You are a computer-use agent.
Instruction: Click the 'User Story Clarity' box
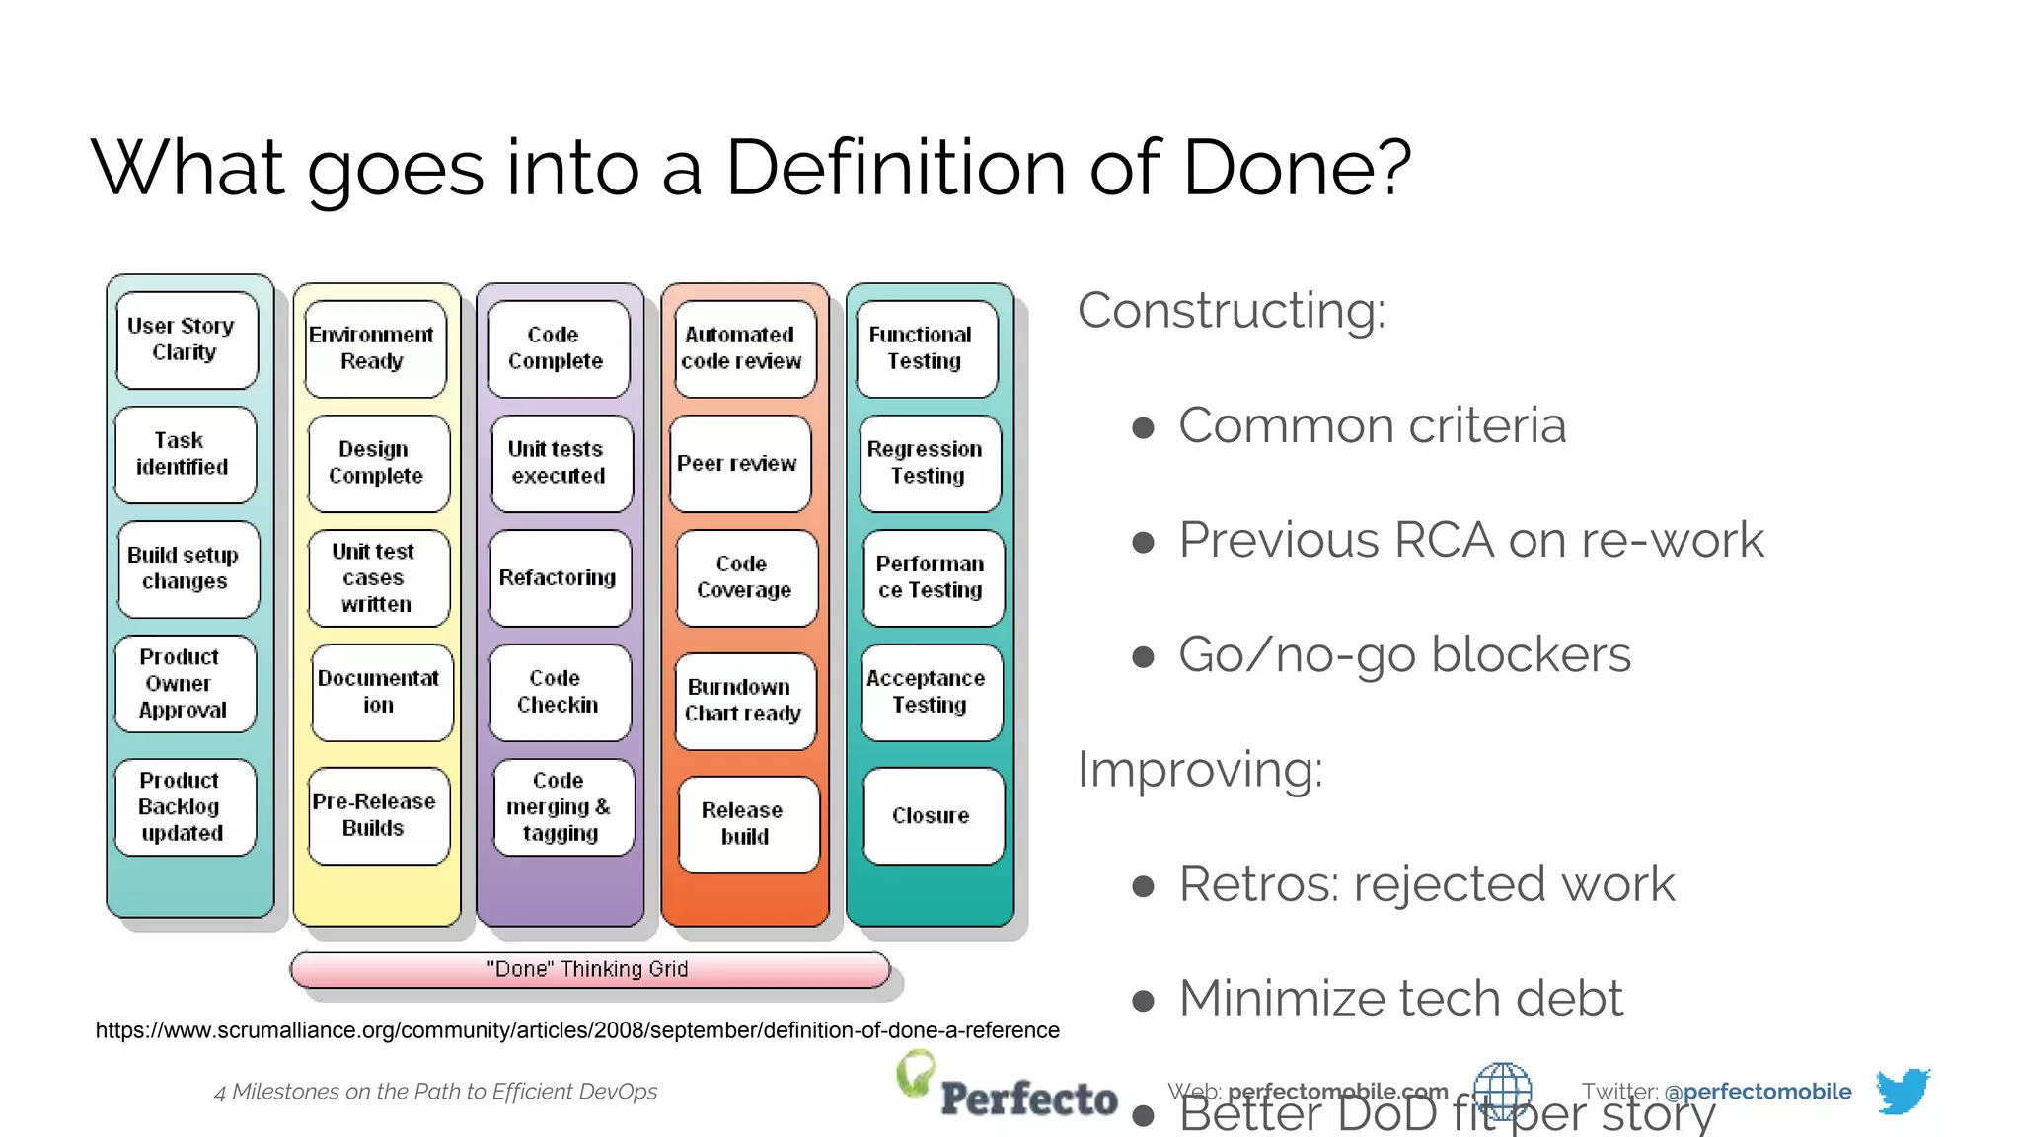[x=187, y=340]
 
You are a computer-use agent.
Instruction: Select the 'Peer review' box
[x=740, y=463]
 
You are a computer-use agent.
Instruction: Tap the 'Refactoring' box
[x=560, y=577]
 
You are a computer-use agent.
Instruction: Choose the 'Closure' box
[x=933, y=816]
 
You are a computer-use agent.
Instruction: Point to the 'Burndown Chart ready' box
[x=744, y=701]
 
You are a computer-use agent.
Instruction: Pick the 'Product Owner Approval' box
[x=185, y=683]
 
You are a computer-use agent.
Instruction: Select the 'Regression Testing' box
[x=929, y=463]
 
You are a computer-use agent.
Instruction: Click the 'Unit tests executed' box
[x=561, y=463]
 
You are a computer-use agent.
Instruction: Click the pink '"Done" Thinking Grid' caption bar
[x=589, y=969]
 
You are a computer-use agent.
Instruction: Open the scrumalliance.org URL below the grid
[x=577, y=1030]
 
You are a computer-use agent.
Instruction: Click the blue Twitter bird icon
[x=1902, y=1091]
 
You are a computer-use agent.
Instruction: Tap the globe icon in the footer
[x=1502, y=1091]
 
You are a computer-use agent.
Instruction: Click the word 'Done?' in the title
[x=1297, y=168]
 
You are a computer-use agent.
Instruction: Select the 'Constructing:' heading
[x=1231, y=311]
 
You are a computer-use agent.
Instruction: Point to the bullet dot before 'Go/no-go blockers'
[x=1144, y=656]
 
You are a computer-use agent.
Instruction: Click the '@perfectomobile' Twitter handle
[x=1758, y=1092]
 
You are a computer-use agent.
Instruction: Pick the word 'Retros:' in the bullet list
[x=1259, y=884]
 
